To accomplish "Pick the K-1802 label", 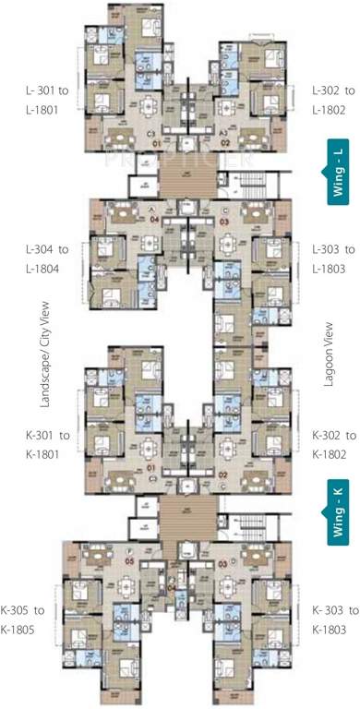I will click(333, 453).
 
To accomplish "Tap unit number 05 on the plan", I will click(130, 560).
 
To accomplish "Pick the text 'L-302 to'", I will click(333, 90).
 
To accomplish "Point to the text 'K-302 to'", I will click(333, 435).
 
